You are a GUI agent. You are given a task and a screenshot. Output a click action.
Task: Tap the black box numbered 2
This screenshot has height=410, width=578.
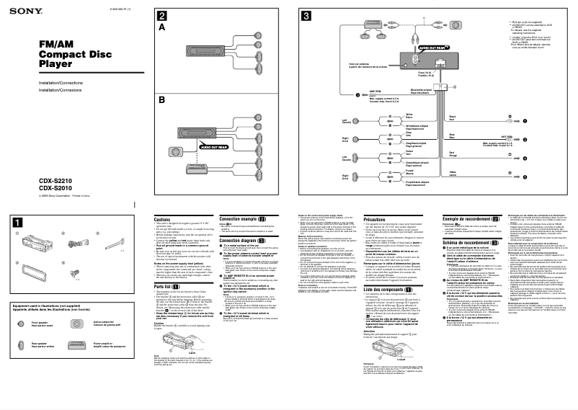164,16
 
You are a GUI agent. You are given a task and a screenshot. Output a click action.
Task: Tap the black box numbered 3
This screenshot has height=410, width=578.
307,16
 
